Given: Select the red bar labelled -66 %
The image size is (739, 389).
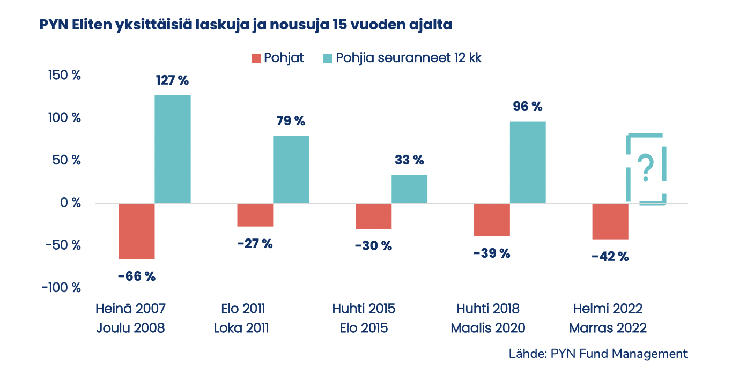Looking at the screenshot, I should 137,231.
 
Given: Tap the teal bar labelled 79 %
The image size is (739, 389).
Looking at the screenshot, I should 291,169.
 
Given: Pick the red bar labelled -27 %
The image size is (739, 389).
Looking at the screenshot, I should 255,215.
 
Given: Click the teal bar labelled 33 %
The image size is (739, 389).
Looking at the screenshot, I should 409,189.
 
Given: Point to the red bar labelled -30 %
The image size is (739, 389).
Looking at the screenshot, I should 373,216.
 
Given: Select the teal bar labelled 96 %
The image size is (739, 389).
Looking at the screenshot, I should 528,162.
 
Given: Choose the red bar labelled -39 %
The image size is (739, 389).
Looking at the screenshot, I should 492,220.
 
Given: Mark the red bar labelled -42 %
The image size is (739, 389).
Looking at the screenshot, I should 610,221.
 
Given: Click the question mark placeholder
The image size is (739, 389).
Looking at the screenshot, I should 647,168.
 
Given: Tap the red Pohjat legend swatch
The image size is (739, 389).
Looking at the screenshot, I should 256,58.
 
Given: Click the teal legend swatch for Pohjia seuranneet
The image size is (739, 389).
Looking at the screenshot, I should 327,58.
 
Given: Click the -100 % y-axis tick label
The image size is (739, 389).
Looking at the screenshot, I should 62,288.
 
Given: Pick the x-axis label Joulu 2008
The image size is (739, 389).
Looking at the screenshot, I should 130,328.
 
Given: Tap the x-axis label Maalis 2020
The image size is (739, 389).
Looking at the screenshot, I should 488,328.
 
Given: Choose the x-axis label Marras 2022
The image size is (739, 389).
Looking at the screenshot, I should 608,328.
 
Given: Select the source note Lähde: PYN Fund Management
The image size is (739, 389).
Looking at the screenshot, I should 597,354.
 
